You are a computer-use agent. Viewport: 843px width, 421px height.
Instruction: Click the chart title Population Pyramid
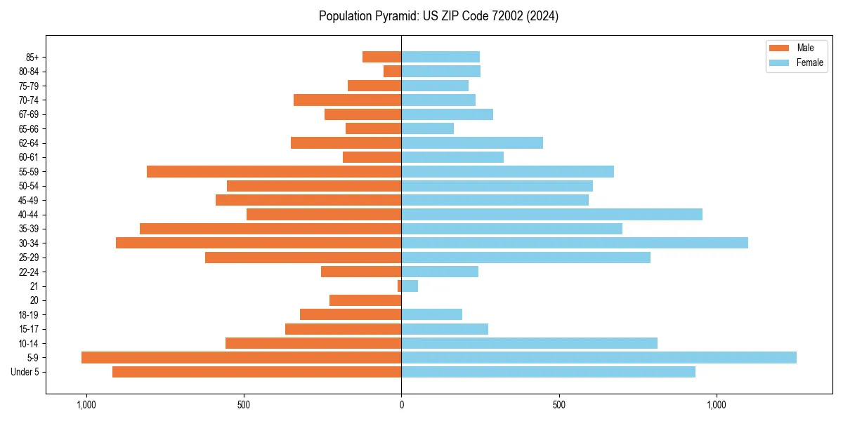pos(438,16)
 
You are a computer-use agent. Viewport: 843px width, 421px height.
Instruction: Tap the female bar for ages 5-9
pos(599,357)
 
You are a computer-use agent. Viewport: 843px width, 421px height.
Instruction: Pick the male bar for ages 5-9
pos(241,357)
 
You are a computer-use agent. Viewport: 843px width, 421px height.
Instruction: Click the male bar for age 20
pos(365,300)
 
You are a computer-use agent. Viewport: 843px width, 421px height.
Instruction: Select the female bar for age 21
pos(410,286)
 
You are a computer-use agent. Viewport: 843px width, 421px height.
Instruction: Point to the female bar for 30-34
pos(574,243)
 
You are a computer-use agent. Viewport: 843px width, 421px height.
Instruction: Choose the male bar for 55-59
pos(274,171)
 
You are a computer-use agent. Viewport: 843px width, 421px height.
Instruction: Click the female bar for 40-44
pos(551,214)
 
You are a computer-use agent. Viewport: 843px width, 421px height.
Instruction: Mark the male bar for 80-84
pos(393,71)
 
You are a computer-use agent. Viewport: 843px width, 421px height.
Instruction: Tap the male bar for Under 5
pos(256,372)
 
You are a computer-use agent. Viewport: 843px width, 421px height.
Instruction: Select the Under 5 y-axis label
pos(25,372)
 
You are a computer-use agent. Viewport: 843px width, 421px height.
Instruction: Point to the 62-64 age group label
pos(28,142)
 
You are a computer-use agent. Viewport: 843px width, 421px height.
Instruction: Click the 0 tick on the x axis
pos(401,405)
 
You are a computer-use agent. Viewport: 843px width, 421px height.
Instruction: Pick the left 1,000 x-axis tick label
pos(86,405)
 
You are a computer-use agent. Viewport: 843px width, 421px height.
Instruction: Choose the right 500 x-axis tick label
pos(558,405)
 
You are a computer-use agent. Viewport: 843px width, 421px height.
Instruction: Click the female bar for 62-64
pos(471,142)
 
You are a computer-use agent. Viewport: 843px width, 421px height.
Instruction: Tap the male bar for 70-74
pos(347,100)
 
